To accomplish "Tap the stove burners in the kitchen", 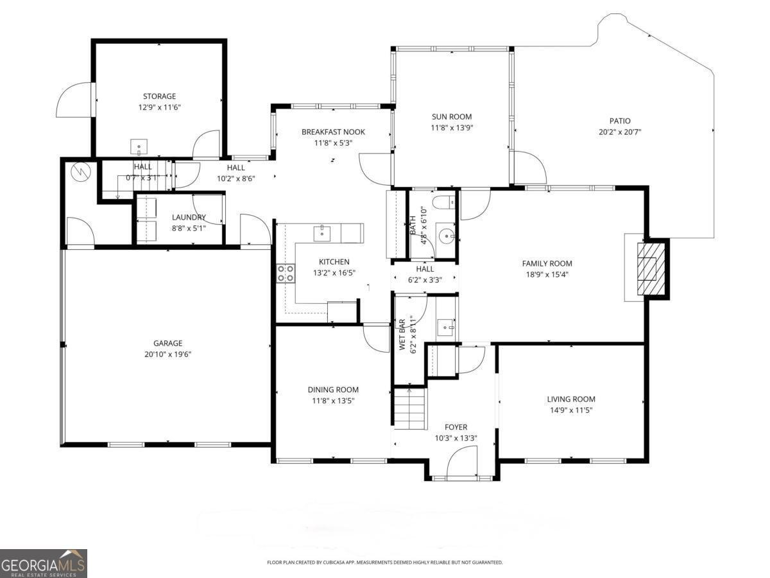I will point(286,274).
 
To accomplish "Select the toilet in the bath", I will point(443,204).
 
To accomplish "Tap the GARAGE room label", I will point(167,343).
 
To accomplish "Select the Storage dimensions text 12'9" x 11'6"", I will point(159,108).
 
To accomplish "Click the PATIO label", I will point(619,121).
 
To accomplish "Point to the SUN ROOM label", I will point(451,117).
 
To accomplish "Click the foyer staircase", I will point(409,409).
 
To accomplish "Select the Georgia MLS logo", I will point(44,563).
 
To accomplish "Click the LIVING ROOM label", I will point(570,399).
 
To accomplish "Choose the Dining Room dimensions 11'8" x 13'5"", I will point(332,401).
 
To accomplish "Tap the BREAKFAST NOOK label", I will point(333,132).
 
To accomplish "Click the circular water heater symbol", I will point(81,171).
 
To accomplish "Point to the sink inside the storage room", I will point(139,147).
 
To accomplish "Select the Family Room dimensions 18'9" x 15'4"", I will point(546,274).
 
